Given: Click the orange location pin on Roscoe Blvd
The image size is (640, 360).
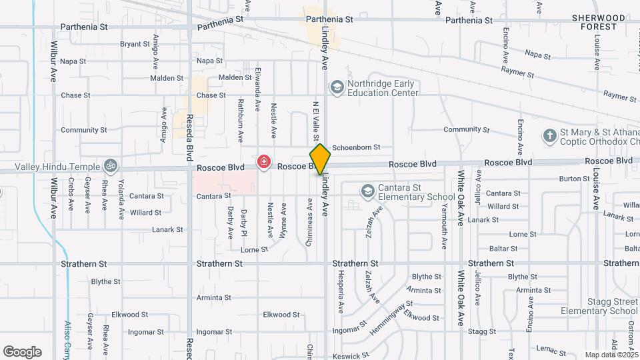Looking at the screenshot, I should coord(320,159).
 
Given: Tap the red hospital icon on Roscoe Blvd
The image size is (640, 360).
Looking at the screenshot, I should coord(264,162).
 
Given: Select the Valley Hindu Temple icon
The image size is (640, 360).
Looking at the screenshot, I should coord(111,165).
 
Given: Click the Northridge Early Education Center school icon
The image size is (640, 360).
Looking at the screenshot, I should coord(337,88).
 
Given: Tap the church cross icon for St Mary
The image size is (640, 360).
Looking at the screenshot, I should coord(549,136).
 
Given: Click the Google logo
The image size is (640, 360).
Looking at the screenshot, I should coord(22,352).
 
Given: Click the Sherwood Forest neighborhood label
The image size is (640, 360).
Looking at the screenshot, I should coord(603,22).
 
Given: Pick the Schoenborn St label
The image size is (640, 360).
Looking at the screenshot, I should coord(356,147).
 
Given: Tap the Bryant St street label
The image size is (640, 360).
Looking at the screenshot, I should coord(135,44).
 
